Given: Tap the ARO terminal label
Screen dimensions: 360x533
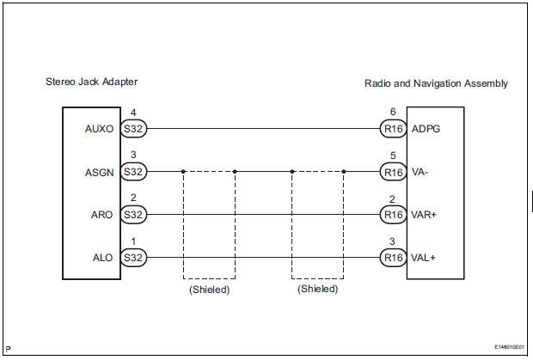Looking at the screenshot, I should [x=103, y=214].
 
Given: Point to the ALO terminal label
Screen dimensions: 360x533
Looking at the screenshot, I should [x=103, y=256].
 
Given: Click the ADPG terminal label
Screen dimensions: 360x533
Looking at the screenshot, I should [x=426, y=130].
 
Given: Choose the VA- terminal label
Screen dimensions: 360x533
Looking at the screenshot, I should [x=420, y=172].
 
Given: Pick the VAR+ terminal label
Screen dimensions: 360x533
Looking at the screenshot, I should [x=426, y=214].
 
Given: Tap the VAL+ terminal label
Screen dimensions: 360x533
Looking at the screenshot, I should [x=425, y=256].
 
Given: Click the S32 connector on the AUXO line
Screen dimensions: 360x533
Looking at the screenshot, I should [x=133, y=130].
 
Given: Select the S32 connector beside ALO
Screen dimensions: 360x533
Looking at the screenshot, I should [x=133, y=256].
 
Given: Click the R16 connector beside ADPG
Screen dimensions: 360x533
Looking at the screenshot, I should [x=392, y=130].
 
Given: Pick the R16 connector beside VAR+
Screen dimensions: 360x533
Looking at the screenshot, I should [x=392, y=214].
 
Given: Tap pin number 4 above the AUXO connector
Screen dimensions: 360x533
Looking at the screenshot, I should [x=132, y=113].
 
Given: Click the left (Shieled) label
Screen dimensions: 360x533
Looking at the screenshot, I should [x=208, y=290].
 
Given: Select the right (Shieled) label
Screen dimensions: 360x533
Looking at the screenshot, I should [x=317, y=290].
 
